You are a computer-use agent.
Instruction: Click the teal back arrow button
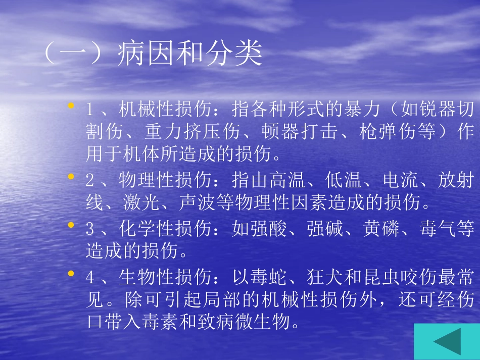pos(447,342)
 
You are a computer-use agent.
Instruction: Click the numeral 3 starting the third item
pos(90,230)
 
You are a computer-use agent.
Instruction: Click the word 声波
pos(198,203)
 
